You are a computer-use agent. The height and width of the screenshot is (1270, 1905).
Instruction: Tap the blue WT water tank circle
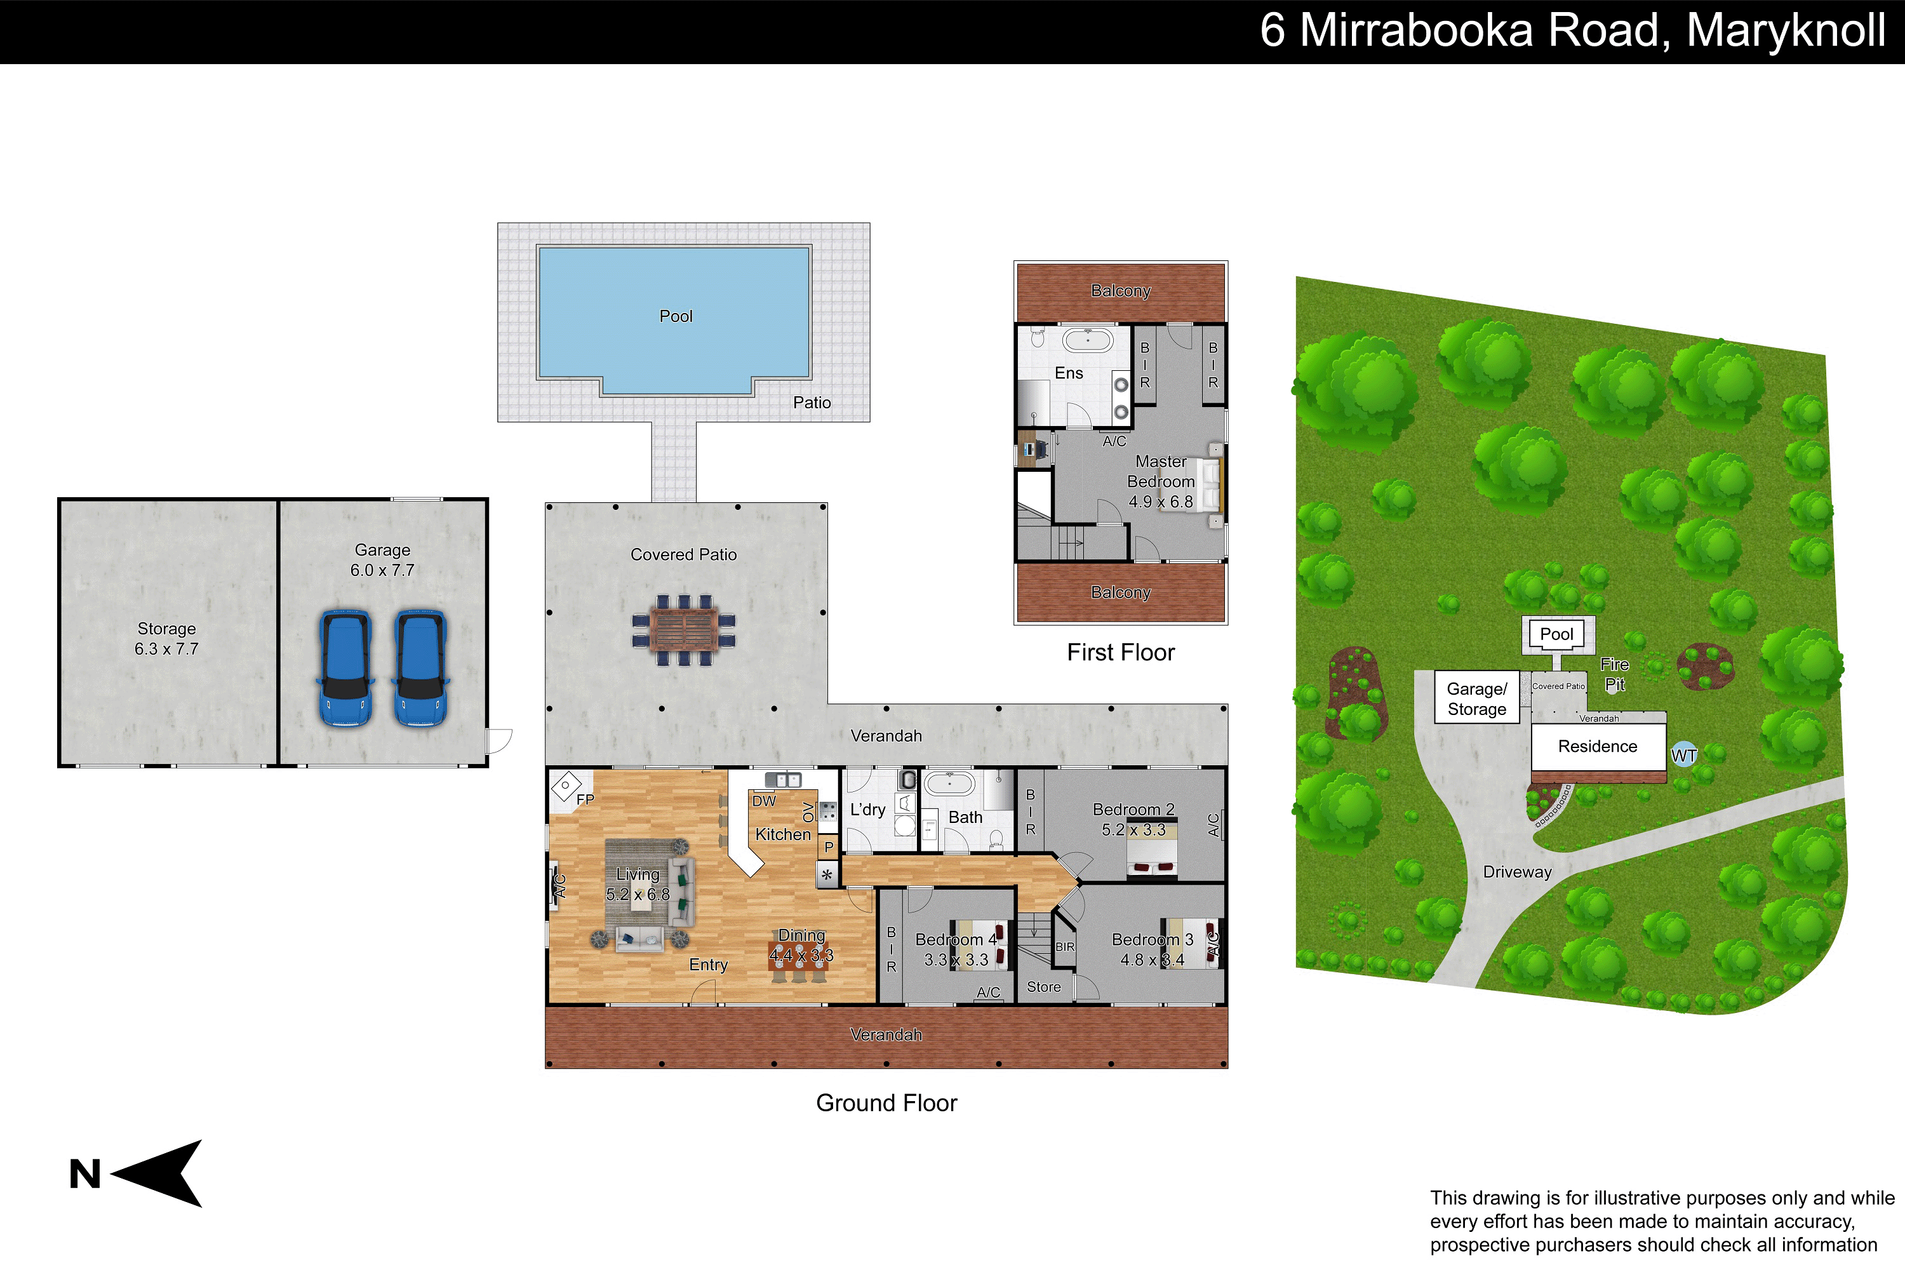(x=1684, y=755)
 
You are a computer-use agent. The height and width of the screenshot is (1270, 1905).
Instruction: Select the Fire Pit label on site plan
(x=1614, y=674)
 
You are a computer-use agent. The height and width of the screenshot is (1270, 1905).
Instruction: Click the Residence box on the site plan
(x=1598, y=747)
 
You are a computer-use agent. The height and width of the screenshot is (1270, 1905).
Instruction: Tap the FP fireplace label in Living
(x=585, y=799)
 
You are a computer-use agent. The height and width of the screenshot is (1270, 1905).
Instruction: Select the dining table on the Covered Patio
(x=685, y=630)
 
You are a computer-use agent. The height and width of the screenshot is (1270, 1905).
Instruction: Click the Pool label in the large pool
(x=676, y=316)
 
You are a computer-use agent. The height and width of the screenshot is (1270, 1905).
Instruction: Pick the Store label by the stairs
(x=1043, y=987)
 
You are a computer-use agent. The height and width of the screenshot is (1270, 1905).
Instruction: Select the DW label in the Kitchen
(x=764, y=801)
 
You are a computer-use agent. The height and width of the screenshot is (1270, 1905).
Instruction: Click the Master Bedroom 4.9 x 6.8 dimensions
(x=1161, y=502)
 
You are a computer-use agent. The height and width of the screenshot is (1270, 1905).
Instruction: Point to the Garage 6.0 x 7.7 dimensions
(x=382, y=570)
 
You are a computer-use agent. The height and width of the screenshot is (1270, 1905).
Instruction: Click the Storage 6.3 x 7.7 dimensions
(x=166, y=649)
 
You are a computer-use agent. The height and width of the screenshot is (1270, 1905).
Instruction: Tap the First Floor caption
(x=1120, y=652)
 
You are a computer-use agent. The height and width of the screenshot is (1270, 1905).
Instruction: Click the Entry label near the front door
(x=708, y=965)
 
